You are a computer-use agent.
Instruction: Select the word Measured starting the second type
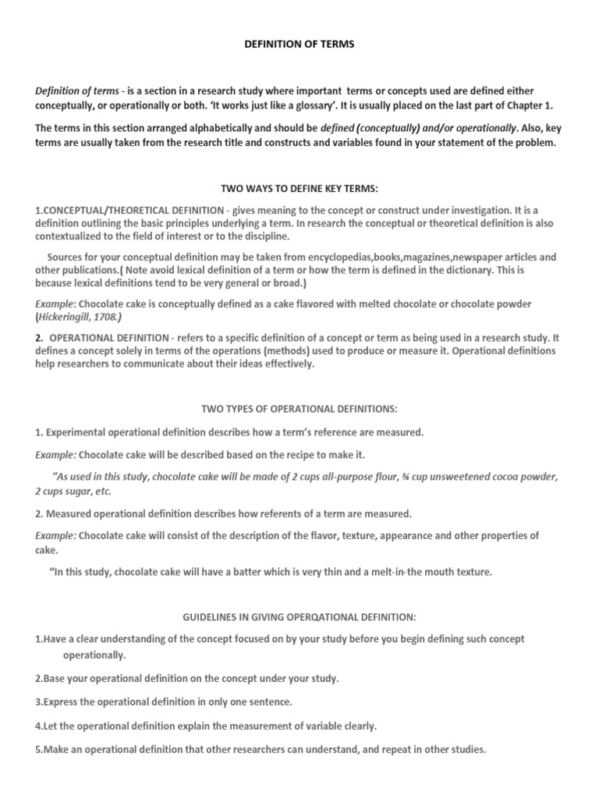[x=70, y=513]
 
